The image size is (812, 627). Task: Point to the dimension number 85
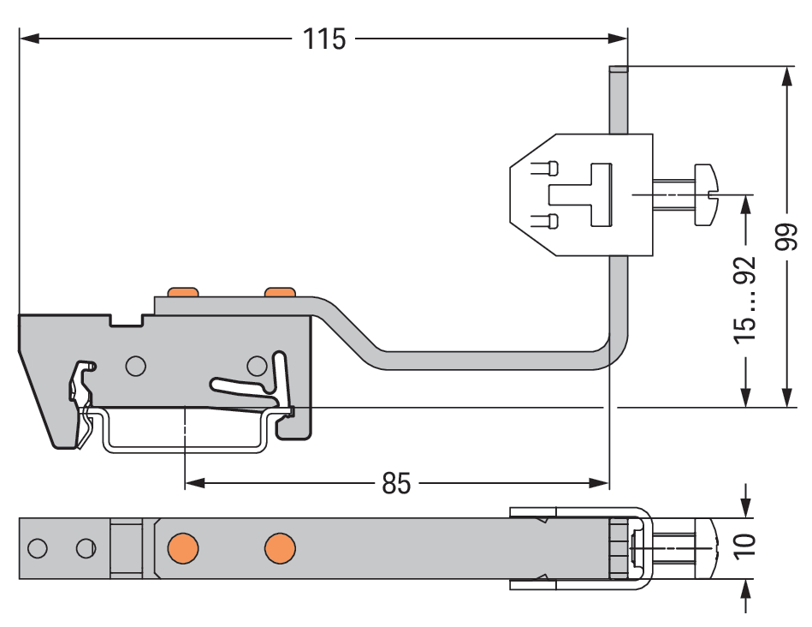click(396, 484)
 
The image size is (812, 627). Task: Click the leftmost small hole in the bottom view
click(37, 547)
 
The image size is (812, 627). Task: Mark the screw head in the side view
click(706, 195)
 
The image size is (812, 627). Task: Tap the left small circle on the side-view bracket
click(134, 367)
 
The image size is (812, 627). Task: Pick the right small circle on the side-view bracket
click(256, 367)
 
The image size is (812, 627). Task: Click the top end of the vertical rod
click(619, 71)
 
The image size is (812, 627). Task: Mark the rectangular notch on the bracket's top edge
click(127, 320)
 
